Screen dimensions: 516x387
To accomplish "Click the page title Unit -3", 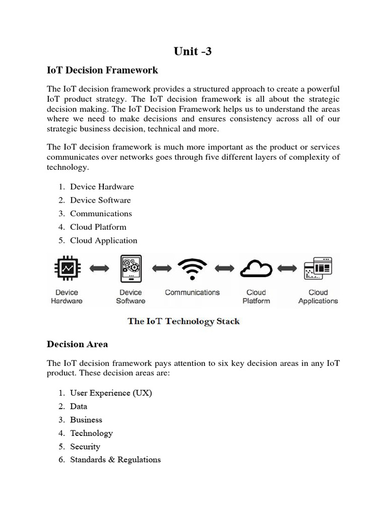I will (x=193, y=50).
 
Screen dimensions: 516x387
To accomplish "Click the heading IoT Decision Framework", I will (x=102, y=70).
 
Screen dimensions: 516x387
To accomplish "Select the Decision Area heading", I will (x=77, y=344).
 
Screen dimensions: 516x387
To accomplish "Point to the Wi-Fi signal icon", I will (x=192, y=269).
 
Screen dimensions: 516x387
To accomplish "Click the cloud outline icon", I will (x=256, y=269).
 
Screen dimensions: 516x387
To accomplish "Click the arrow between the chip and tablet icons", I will (x=99, y=269).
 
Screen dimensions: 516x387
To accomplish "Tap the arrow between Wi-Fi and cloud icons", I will (x=224, y=269).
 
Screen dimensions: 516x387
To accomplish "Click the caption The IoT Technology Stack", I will (x=183, y=321).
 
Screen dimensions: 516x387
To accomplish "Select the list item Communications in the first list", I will (x=101, y=214).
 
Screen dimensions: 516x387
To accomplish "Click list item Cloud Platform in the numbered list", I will (x=98, y=227).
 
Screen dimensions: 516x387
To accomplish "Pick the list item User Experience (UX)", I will (x=111, y=393).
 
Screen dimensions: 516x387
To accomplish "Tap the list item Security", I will (x=85, y=446).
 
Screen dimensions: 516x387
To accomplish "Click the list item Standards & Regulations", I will (x=115, y=460).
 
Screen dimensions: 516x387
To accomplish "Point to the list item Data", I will (x=79, y=406).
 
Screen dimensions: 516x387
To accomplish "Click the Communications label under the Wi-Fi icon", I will (x=192, y=292).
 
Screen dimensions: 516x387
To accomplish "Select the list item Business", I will (x=86, y=420).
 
